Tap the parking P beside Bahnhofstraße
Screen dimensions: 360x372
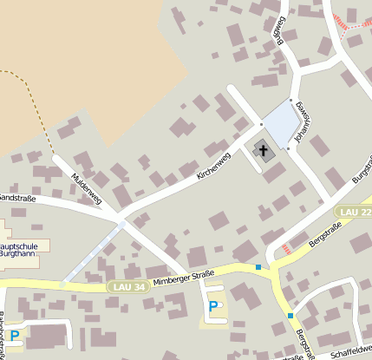click(x=15, y=335)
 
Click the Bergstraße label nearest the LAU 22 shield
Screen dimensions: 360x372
click(x=323, y=234)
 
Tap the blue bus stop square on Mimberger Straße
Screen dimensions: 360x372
click(x=258, y=267)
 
